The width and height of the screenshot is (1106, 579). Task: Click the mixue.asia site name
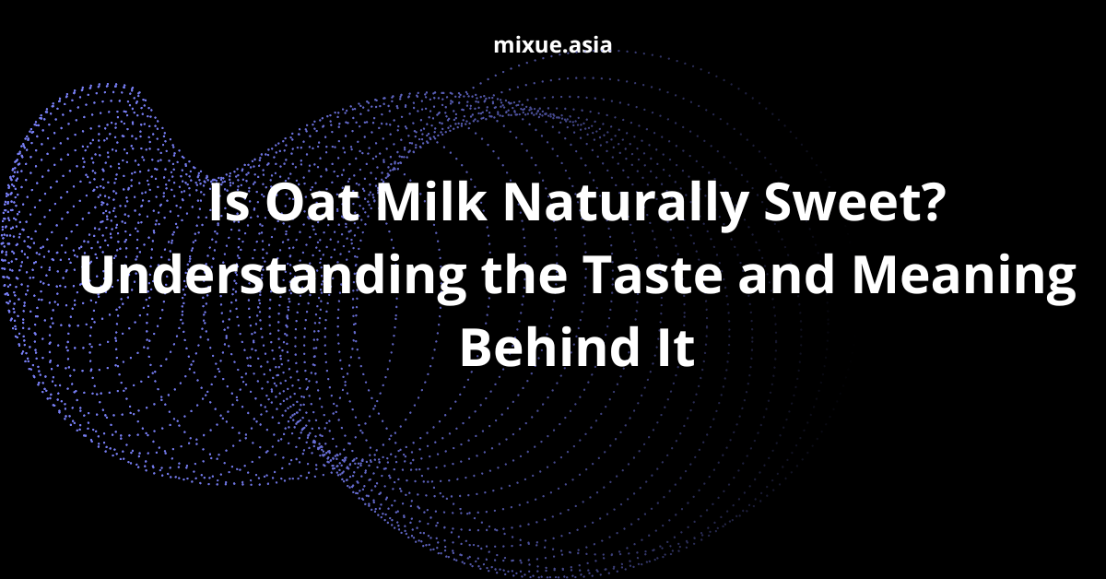(x=552, y=45)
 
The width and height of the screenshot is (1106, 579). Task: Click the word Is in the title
(x=229, y=203)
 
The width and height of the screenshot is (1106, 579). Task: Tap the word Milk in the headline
(x=431, y=202)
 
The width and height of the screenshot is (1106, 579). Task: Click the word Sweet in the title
(x=841, y=203)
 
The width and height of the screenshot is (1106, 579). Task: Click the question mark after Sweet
(x=933, y=202)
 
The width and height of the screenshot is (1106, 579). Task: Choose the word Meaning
(x=964, y=278)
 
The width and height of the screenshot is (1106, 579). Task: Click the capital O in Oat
(x=283, y=203)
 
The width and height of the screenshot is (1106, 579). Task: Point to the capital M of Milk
(x=399, y=203)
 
